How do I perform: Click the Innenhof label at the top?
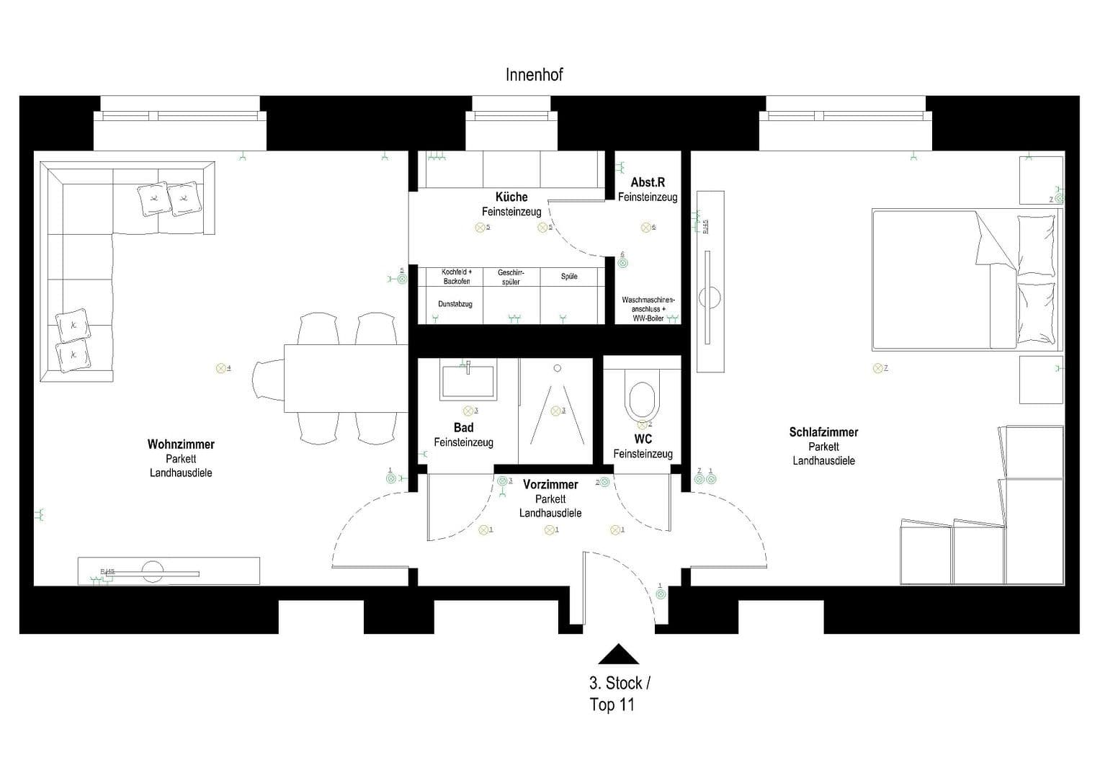point(534,75)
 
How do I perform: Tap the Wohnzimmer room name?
point(181,444)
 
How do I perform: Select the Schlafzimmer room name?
point(823,432)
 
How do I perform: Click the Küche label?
point(511,197)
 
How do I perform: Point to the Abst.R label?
point(647,182)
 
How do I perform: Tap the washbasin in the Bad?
point(468,381)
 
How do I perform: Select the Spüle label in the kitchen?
point(569,277)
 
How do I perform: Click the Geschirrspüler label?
point(511,277)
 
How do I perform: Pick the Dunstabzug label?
point(455,304)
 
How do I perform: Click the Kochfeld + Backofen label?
point(457,277)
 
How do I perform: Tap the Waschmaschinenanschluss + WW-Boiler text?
point(648,308)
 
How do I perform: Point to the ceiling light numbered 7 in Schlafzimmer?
point(877,368)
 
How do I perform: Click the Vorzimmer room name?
point(550,485)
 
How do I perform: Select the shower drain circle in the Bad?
point(557,368)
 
